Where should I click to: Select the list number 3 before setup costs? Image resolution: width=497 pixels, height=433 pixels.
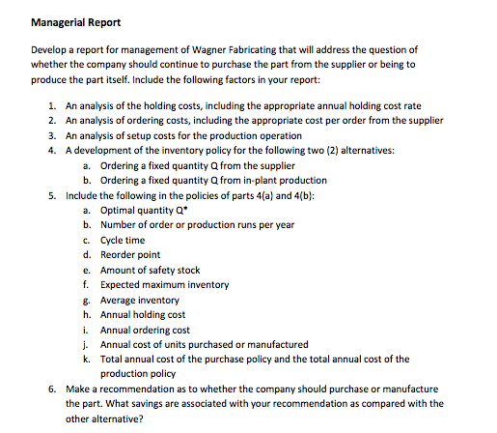coord(50,136)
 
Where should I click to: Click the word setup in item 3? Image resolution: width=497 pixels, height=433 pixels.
coord(127,136)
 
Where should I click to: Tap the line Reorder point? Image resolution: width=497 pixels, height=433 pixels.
coord(130,254)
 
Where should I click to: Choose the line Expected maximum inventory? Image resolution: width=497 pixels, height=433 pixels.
coord(164,284)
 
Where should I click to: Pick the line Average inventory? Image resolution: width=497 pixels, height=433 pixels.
coord(140,300)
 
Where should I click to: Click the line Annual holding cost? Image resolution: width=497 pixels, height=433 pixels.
coord(143,314)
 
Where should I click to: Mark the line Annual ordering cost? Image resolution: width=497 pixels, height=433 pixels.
coord(145,330)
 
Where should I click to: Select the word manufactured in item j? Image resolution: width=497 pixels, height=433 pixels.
coord(280,344)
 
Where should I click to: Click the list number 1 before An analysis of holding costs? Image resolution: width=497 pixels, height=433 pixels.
coord(50,106)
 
